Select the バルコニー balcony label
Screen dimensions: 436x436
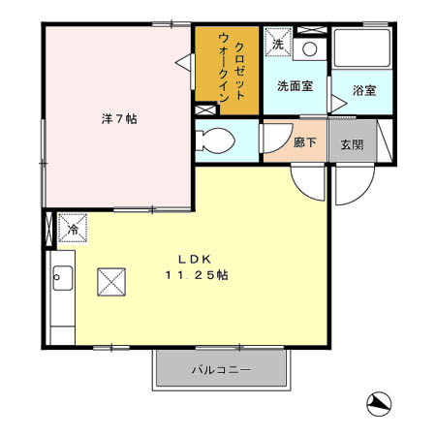click(221, 370)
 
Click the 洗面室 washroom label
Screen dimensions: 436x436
click(295, 85)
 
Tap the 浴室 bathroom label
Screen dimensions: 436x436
click(364, 90)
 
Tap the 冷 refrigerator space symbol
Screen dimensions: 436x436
click(73, 230)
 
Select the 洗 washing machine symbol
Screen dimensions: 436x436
click(277, 44)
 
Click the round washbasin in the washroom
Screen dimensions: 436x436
click(310, 47)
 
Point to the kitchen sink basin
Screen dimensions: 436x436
click(62, 279)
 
